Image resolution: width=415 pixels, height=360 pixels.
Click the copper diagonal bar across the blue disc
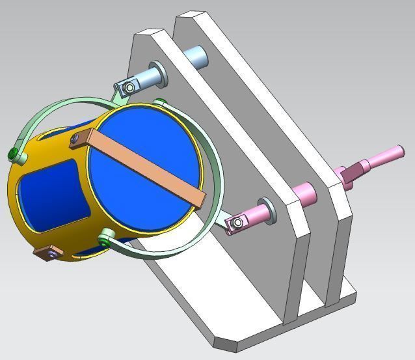[140, 165]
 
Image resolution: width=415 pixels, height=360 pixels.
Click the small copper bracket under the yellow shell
[46, 253]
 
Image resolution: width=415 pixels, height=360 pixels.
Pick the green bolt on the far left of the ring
[14, 154]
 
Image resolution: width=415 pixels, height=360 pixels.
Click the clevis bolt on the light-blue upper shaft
[130, 87]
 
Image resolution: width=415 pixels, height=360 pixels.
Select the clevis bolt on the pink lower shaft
[238, 224]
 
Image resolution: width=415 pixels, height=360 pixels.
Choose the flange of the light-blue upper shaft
[159, 73]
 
